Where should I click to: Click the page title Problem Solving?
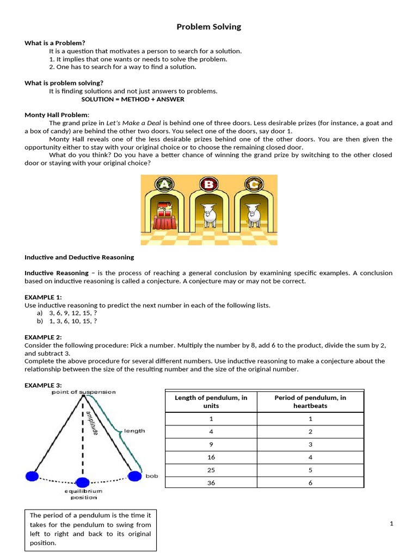tap(208, 27)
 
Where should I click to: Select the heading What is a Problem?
tap(55, 43)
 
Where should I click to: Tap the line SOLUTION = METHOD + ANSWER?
tap(133, 100)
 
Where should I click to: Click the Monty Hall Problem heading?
tap(57, 115)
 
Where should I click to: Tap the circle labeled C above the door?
tap(253, 184)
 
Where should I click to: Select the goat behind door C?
tap(253, 214)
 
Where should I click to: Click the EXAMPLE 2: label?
tap(43, 337)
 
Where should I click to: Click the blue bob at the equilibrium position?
tap(82, 482)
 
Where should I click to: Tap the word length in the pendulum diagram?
tap(134, 431)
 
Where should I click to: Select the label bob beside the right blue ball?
tap(152, 476)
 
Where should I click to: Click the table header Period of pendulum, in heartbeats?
tap(310, 401)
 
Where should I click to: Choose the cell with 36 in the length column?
tap(211, 482)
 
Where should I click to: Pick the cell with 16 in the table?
tap(211, 457)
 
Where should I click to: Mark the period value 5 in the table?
tap(310, 470)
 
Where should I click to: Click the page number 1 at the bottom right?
tap(391, 524)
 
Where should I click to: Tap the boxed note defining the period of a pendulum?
tap(90, 529)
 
